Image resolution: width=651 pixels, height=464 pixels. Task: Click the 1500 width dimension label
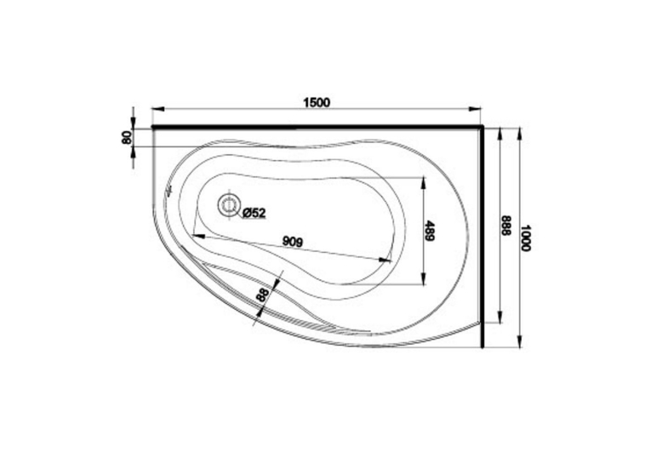click(317, 102)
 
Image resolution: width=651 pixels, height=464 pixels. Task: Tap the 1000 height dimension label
click(526, 238)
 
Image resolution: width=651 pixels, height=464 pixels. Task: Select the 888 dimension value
click(505, 226)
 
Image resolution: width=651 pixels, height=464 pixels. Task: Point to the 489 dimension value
click(429, 231)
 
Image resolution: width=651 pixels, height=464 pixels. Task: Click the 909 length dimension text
click(292, 241)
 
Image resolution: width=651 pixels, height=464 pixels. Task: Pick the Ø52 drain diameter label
click(254, 213)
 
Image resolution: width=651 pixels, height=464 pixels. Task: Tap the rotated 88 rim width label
click(263, 295)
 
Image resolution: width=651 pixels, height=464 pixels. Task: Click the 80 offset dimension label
click(127, 137)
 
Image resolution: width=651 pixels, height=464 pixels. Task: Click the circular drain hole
click(229, 204)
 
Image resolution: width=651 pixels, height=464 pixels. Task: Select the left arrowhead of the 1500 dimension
click(158, 109)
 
